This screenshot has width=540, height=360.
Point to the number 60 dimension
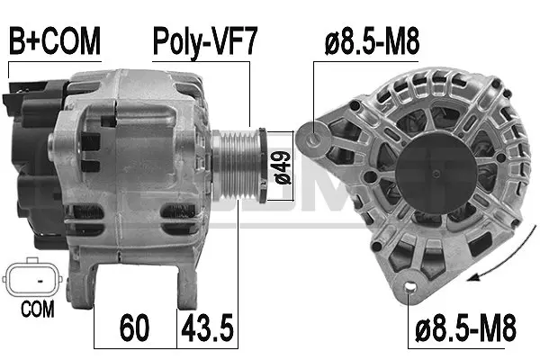coord(136,325)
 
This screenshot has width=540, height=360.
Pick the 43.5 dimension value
coord(208,325)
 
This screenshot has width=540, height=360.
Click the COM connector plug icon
coord(34,280)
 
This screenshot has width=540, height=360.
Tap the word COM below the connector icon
coord(36,310)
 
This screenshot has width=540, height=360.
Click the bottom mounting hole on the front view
coord(412,289)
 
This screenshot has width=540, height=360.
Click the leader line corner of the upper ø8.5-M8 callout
coord(315,62)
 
